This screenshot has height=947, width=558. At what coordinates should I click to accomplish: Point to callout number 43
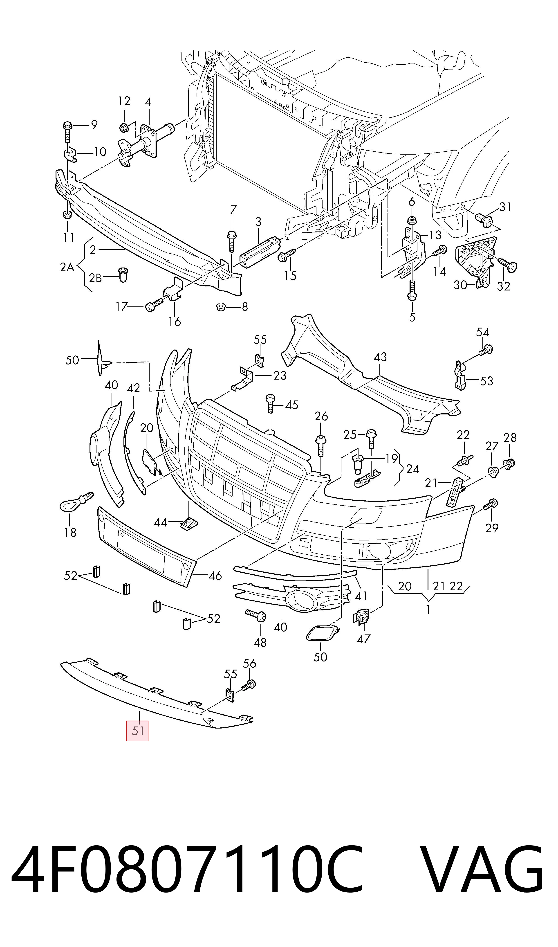click(380, 357)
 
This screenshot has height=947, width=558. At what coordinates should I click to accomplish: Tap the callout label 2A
click(67, 267)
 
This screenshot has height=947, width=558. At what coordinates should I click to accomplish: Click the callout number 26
click(321, 416)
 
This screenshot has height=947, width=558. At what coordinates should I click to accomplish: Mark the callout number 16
click(175, 322)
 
